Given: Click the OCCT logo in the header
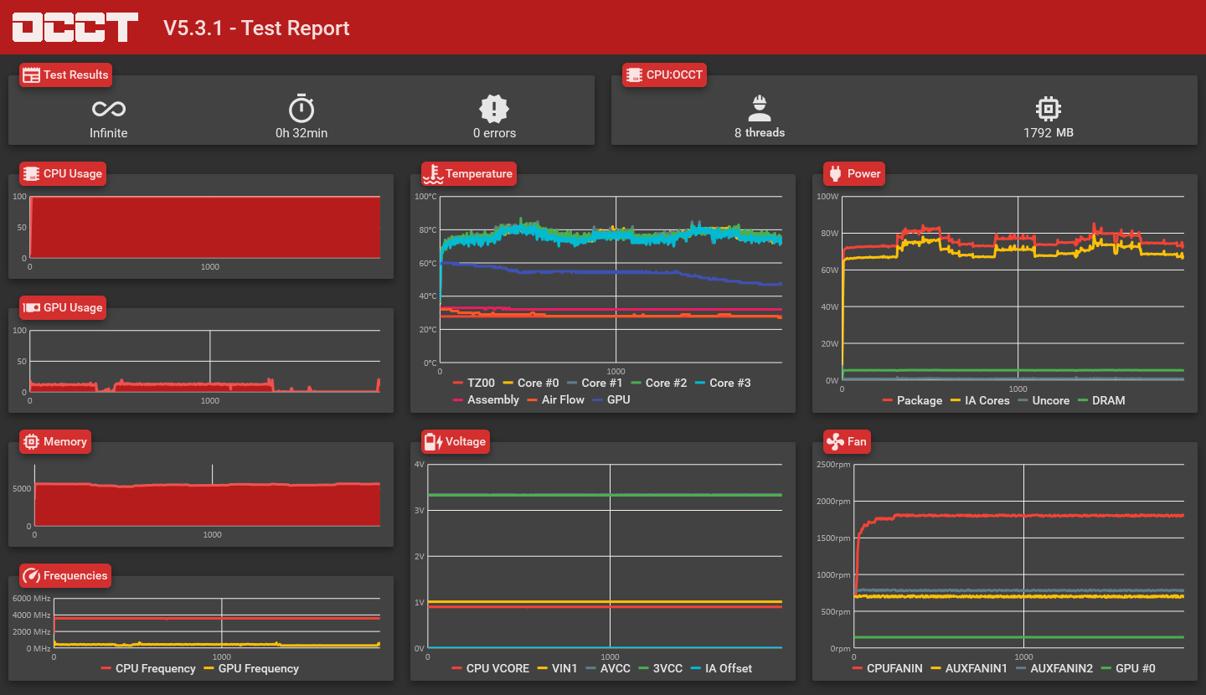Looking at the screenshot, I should click(x=75, y=27).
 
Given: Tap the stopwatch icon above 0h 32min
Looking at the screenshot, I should click(x=301, y=109).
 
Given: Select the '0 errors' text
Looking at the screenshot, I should click(x=494, y=133).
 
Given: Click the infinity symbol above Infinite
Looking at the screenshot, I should click(x=109, y=109).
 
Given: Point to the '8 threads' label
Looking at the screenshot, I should click(x=760, y=132).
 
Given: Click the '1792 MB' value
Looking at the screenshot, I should click(x=1048, y=132).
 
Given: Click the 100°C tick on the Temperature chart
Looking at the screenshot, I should click(x=425, y=197).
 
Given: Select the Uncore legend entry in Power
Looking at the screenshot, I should click(x=1043, y=400).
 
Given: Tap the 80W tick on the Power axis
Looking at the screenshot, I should click(x=828, y=234).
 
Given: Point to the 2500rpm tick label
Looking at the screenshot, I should click(x=833, y=465).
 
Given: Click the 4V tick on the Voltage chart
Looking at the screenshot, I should click(x=420, y=465).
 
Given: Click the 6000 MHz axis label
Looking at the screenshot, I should click(x=32, y=599).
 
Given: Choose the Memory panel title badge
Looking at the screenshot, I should click(x=55, y=441).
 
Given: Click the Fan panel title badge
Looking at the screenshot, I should click(x=847, y=441).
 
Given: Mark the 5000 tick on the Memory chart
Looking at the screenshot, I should click(x=22, y=488).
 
